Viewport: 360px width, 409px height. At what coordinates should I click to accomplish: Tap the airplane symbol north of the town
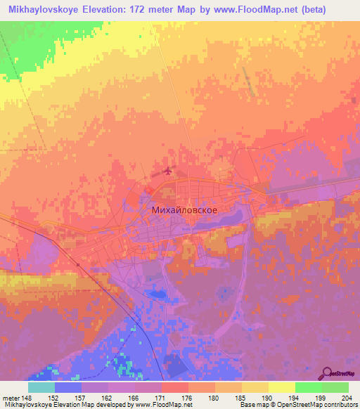pos(167,171)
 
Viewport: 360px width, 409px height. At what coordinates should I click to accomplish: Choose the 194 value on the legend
pos(295,397)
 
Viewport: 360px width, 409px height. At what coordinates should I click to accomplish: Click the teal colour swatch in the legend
pos(41,387)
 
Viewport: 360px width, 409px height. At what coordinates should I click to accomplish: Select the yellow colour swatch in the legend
pos(281,387)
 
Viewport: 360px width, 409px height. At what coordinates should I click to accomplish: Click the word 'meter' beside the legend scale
pos(9,397)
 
